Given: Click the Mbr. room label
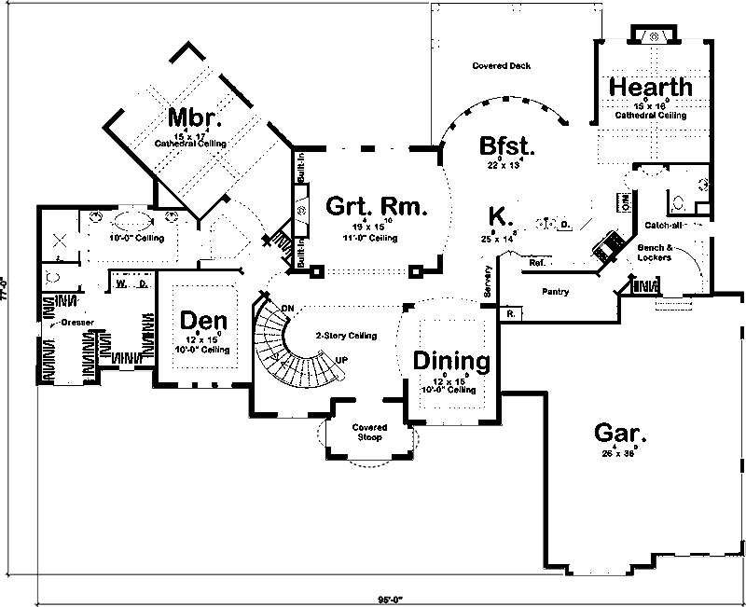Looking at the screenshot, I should point(196,118).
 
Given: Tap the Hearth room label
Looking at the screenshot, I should point(651,87).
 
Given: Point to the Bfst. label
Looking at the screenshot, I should point(506,146).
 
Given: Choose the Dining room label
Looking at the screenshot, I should point(451,361).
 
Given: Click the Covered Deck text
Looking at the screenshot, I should point(502,66).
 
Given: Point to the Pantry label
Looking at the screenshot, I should point(555,292).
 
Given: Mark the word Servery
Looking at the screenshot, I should point(488,283).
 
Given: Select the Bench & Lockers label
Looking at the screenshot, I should point(654,253).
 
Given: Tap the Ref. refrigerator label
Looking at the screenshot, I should point(536,264).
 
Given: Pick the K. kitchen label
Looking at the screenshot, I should point(501,215).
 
